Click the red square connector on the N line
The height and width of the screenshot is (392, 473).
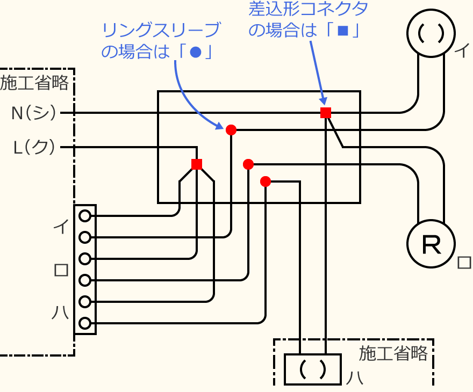[x=325, y=112]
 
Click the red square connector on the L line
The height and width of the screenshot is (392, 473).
[x=197, y=164]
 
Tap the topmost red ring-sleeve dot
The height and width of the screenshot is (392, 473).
[x=231, y=129]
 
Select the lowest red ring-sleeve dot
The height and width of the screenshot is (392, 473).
[x=265, y=182]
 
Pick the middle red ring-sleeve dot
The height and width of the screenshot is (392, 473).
[x=248, y=164]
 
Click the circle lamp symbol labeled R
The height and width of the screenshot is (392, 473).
[x=431, y=245]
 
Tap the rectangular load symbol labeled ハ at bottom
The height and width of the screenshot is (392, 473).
[x=312, y=369]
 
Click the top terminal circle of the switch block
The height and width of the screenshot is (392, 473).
[x=84, y=216]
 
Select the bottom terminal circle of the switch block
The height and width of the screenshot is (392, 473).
[x=84, y=323]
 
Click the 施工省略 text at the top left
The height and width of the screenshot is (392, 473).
[x=34, y=83]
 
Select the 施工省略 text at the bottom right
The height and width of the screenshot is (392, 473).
[x=393, y=353]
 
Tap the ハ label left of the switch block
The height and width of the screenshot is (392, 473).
[x=61, y=312]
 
